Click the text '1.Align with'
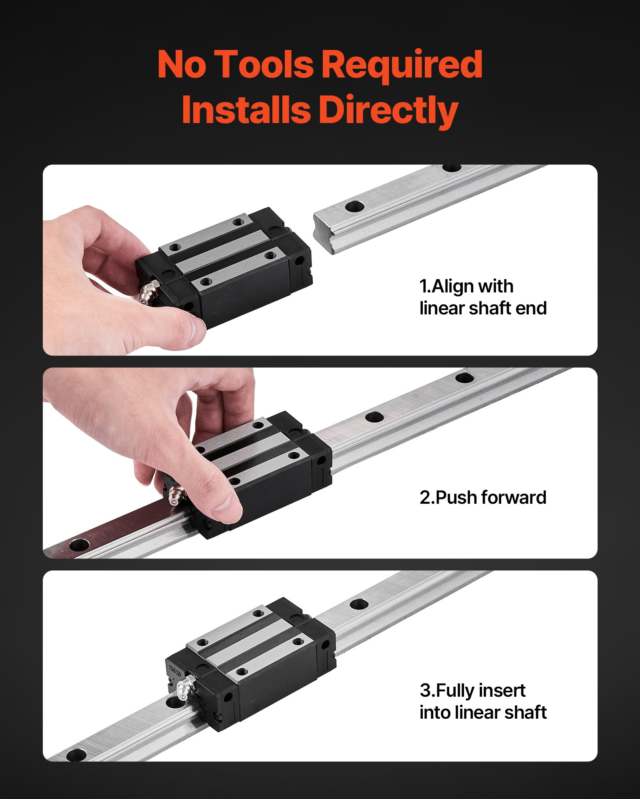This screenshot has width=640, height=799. tap(466, 286)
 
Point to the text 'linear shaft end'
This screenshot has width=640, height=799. tap(483, 308)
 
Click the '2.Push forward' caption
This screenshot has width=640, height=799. tap(483, 497)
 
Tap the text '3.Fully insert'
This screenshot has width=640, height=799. tap(472, 690)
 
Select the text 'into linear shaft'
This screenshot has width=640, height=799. tap(483, 712)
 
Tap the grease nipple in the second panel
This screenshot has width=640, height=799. tap(176, 496)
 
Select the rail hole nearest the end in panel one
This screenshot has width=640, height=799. tap(354, 207)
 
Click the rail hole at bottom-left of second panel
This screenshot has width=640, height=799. tap(79, 544)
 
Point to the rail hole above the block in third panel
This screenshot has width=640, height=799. tap(359, 604)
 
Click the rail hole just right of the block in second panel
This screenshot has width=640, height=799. tap(374, 417)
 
